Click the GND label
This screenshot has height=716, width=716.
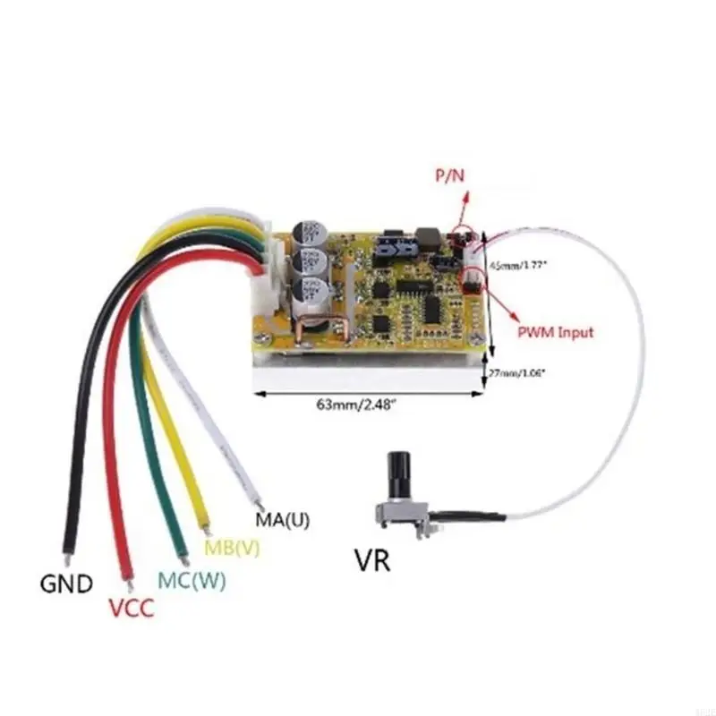(x=66, y=585)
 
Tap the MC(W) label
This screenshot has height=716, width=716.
(x=192, y=579)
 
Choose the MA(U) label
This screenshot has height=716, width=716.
(x=283, y=520)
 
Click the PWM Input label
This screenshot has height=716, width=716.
(x=555, y=332)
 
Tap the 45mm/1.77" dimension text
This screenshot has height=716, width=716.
(x=517, y=265)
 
